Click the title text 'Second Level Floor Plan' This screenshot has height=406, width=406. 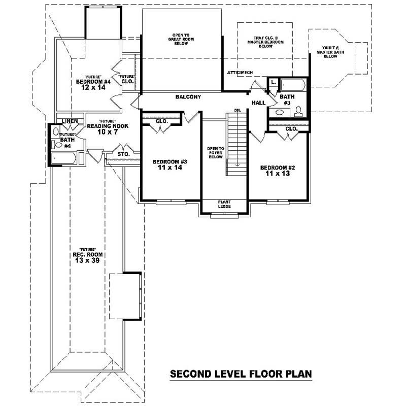pyautogui.click(x=240, y=375)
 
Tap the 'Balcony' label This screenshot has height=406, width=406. pyautogui.click(x=188, y=97)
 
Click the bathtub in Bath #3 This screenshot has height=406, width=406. pyautogui.click(x=292, y=85)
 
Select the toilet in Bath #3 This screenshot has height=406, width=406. pyautogui.click(x=298, y=110)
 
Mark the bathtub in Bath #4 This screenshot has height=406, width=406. pyautogui.click(x=63, y=159)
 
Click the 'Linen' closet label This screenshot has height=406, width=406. pyautogui.click(x=70, y=121)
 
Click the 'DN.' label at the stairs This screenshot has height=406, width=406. pyautogui.click(x=237, y=110)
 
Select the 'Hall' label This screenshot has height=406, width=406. pyautogui.click(x=259, y=103)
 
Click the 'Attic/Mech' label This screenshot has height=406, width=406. pyautogui.click(x=240, y=73)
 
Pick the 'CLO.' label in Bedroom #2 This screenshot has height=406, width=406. pyautogui.click(x=291, y=129)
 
